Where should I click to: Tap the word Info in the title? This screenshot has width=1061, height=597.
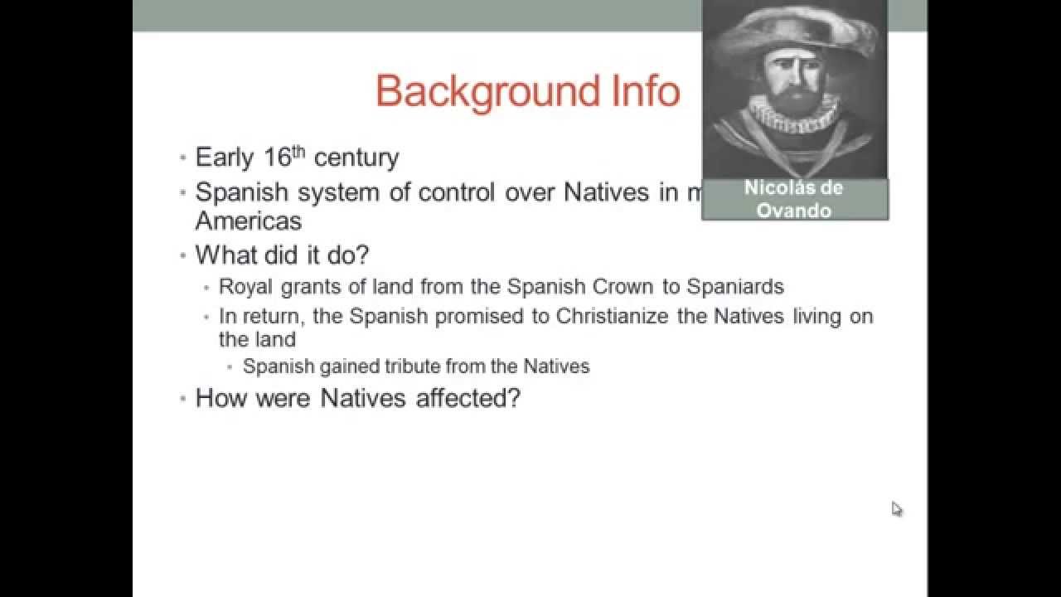[642, 90]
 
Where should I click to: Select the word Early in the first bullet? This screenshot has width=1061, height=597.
[224, 158]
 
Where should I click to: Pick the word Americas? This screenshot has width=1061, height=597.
[248, 221]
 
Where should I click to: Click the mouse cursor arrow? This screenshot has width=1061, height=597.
[896, 508]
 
